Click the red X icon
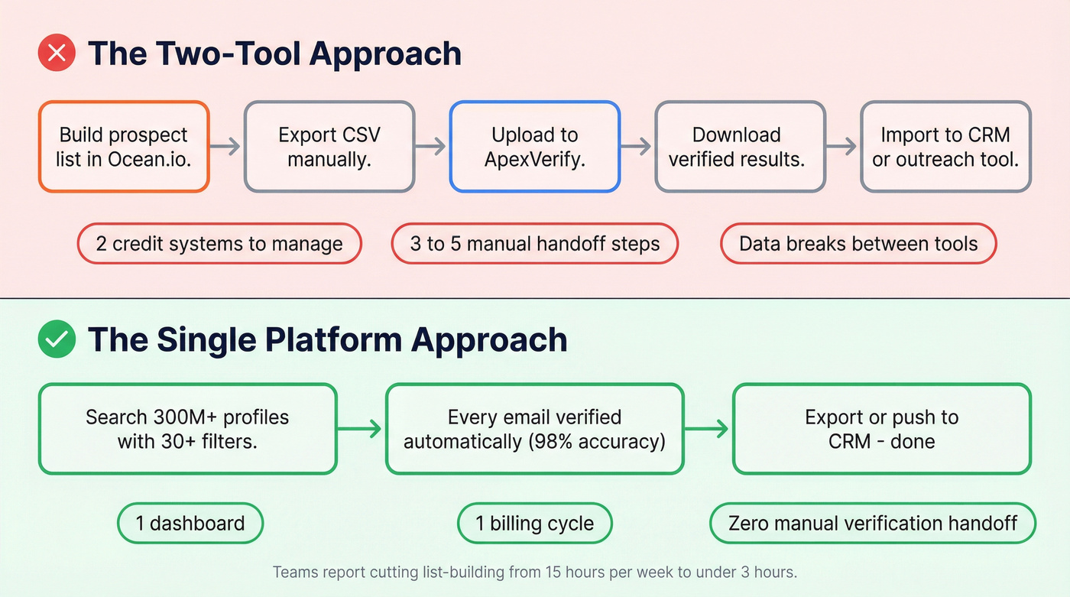(x=57, y=54)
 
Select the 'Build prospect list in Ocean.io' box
(x=124, y=147)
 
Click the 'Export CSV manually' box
(x=329, y=147)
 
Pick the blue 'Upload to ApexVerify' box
(x=535, y=147)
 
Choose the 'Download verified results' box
(x=740, y=147)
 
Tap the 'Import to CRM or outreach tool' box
(x=945, y=147)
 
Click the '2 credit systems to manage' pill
(x=219, y=244)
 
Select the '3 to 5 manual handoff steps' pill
(x=535, y=244)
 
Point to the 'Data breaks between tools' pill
(x=858, y=244)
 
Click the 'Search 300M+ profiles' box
(x=187, y=429)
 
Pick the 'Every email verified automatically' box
(x=535, y=429)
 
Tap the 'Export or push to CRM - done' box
(x=881, y=429)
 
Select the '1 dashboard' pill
(x=190, y=524)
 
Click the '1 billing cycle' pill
(x=535, y=524)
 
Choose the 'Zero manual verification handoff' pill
(x=873, y=524)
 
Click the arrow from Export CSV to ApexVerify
(x=432, y=146)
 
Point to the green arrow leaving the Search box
(x=361, y=429)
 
